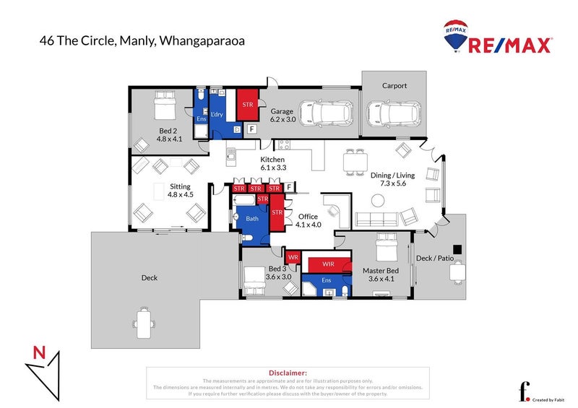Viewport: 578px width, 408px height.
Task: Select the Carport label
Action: (394, 85)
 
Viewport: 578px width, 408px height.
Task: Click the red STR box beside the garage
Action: (249, 103)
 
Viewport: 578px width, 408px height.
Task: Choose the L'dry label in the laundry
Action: (217, 116)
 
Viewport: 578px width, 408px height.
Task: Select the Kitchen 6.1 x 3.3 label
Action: (273, 163)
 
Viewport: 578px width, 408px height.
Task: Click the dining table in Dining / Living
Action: (355, 162)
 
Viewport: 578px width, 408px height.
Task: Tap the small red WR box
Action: (294, 257)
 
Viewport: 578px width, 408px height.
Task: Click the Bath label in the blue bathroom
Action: (252, 217)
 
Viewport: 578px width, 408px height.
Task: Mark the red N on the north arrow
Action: (40, 353)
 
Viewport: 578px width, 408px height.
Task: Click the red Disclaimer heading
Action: (288, 372)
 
